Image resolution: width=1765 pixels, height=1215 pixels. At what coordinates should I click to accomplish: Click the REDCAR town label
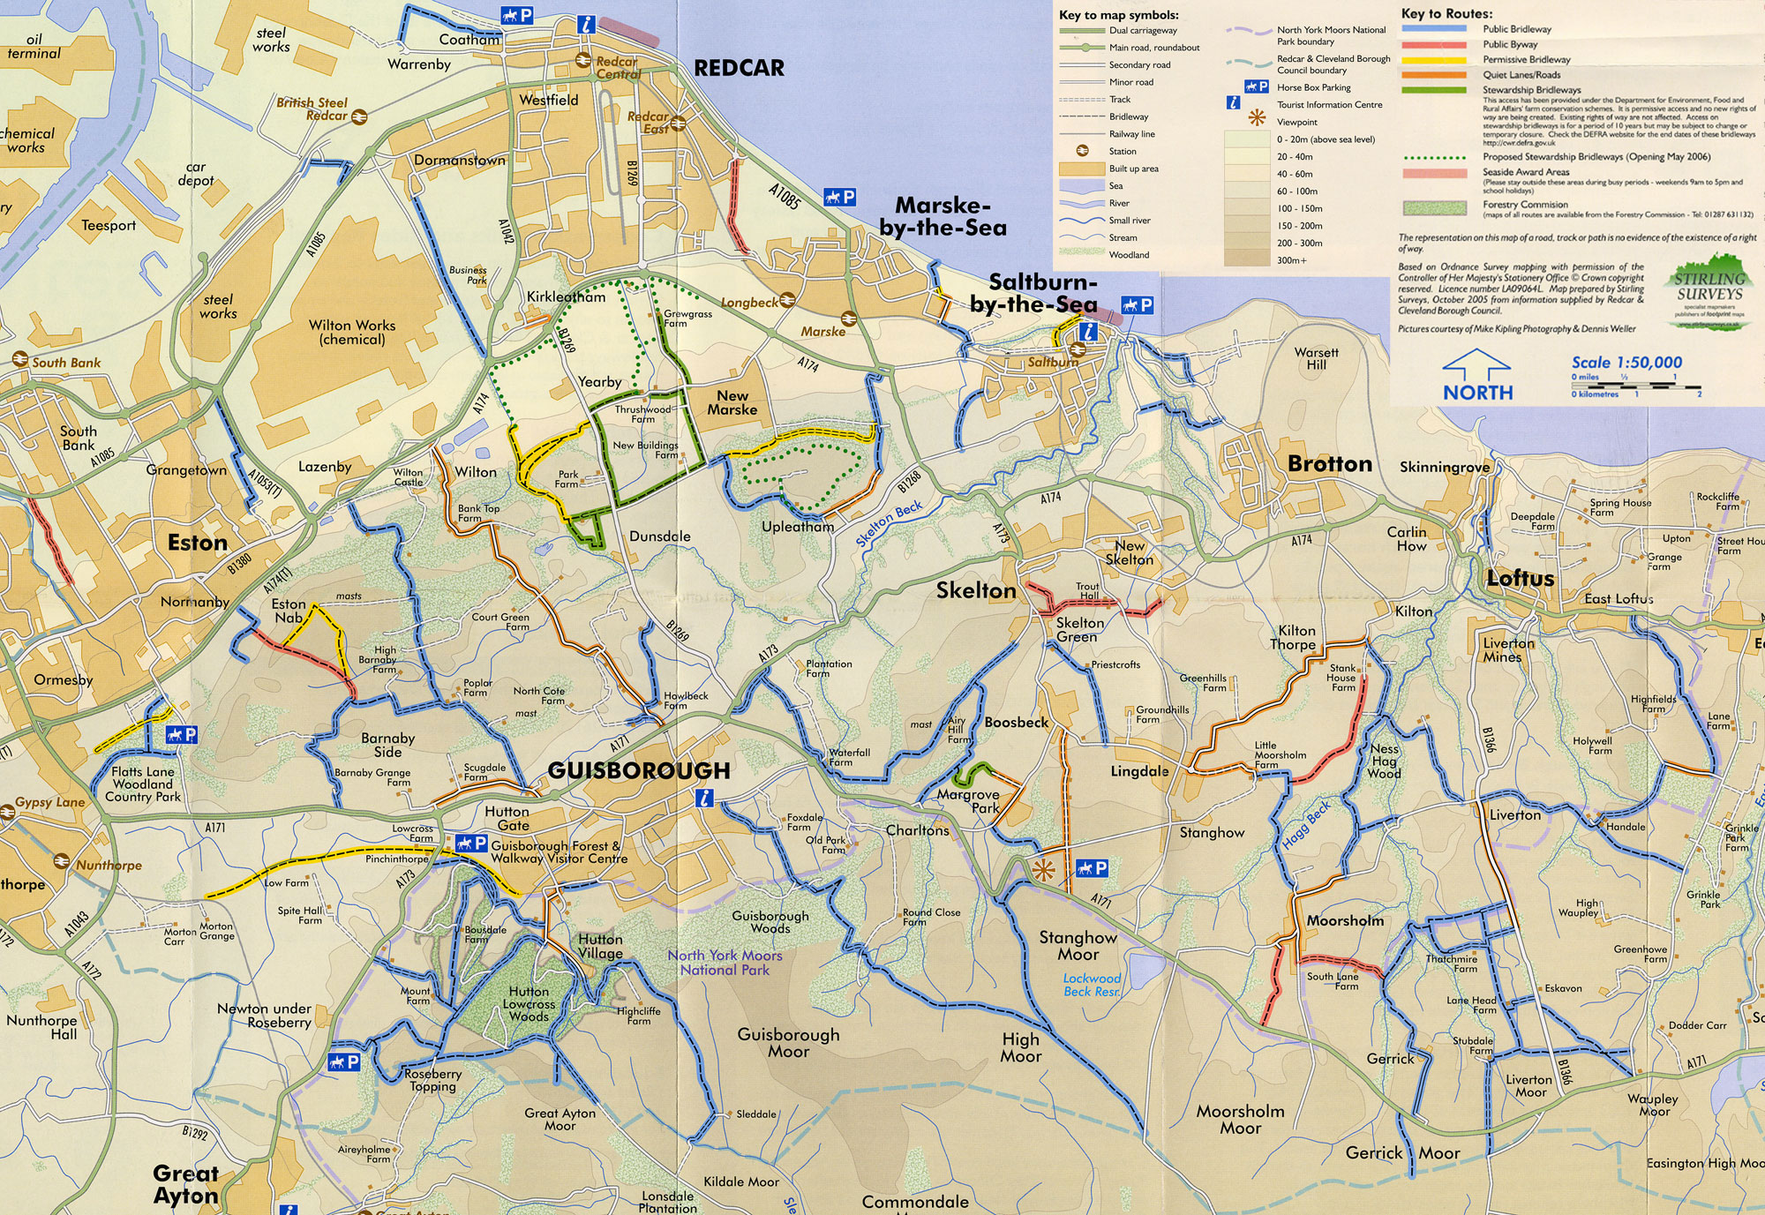tap(739, 68)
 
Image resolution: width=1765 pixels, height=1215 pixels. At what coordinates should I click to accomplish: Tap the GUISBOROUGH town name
tap(639, 770)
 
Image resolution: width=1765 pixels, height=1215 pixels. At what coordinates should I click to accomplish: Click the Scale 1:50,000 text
tap(1626, 362)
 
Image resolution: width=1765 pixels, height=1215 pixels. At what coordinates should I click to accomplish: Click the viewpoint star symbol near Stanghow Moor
tap(1043, 870)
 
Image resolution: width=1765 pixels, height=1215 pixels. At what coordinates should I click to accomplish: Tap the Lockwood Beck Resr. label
tap(1092, 985)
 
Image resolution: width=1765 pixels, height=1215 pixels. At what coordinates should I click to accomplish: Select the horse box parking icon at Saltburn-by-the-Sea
tap(1137, 305)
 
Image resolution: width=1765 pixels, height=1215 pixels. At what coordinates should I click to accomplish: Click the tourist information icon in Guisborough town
tap(704, 799)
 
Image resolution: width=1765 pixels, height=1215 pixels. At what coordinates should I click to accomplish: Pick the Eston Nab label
tap(289, 611)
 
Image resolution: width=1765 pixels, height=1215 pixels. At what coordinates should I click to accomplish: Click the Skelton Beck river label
tap(889, 523)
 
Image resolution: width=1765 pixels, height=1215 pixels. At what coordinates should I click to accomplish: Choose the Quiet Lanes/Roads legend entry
tap(1521, 75)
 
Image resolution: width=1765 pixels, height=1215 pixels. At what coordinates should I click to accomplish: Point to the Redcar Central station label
tap(617, 68)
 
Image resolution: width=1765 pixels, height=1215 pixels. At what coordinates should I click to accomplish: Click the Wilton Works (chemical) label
tap(352, 332)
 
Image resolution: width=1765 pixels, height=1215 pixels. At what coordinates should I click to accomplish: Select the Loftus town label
tap(1520, 578)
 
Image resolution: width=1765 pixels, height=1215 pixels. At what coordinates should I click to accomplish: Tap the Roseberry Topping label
tap(432, 1080)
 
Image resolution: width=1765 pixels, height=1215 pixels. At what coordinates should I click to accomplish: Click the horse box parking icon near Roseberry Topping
tap(343, 1061)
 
